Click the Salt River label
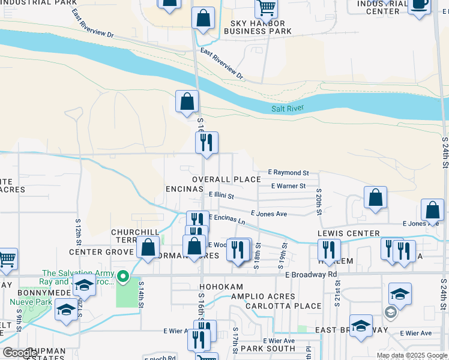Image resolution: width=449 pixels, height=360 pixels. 288,108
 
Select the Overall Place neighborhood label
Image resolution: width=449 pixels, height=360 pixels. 226,179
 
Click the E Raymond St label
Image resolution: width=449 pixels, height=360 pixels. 288,172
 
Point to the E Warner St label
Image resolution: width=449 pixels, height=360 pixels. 288,186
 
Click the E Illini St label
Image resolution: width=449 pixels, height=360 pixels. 221,195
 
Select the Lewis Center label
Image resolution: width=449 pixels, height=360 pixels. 349,233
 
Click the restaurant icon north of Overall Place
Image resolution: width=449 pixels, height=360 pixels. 206,143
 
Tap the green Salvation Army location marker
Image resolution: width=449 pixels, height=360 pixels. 123,277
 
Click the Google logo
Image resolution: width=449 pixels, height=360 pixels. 20,353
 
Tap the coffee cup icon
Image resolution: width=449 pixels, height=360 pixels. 420,4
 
